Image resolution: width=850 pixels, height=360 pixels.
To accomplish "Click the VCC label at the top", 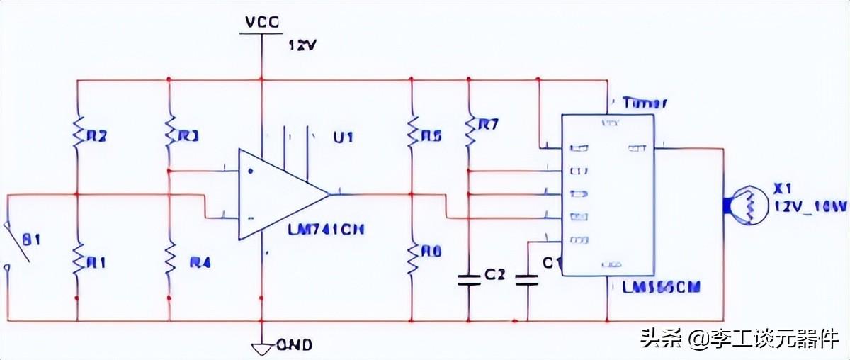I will pyautogui.click(x=262, y=21).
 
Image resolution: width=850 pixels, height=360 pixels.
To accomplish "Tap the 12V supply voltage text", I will pyautogui.click(x=302, y=45).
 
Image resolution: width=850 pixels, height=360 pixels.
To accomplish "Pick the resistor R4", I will pyautogui.click(x=169, y=261).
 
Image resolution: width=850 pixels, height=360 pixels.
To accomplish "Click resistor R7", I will pyautogui.click(x=468, y=128).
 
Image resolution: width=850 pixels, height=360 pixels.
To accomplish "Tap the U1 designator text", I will pyautogui.click(x=343, y=137).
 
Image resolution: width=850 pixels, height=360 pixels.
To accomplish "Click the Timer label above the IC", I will pyautogui.click(x=645, y=103).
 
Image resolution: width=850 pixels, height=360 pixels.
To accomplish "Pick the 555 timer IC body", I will pyautogui.click(x=608, y=193).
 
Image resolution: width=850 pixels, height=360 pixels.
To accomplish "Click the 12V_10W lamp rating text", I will pyautogui.click(x=810, y=206).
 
